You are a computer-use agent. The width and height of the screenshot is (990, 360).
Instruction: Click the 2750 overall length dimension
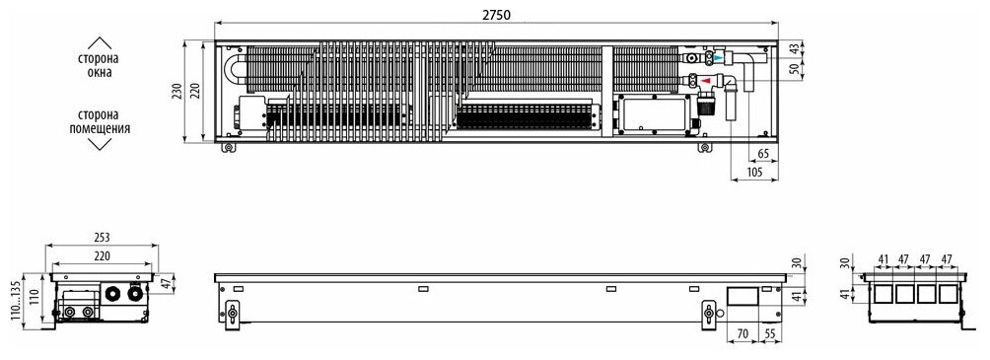(496, 15)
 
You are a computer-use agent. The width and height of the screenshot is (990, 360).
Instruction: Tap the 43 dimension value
(795, 48)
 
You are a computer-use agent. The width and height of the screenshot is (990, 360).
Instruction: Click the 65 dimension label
(763, 154)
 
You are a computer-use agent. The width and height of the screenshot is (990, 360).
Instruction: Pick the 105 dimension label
(753, 172)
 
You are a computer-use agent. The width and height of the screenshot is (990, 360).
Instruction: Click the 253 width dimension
(102, 238)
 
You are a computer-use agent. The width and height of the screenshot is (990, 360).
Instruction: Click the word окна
(100, 73)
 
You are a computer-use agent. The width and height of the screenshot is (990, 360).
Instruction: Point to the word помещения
(100, 129)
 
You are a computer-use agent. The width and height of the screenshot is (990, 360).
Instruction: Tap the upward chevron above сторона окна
(100, 43)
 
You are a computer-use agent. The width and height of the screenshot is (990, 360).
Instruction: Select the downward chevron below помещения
(100, 145)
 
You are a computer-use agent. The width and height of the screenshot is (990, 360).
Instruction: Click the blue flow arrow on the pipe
(719, 58)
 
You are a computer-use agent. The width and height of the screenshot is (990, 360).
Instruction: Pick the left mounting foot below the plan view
(228, 148)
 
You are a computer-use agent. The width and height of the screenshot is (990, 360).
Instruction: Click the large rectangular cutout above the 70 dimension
(742, 298)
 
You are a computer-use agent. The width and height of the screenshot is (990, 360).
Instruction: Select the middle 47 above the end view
(926, 259)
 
